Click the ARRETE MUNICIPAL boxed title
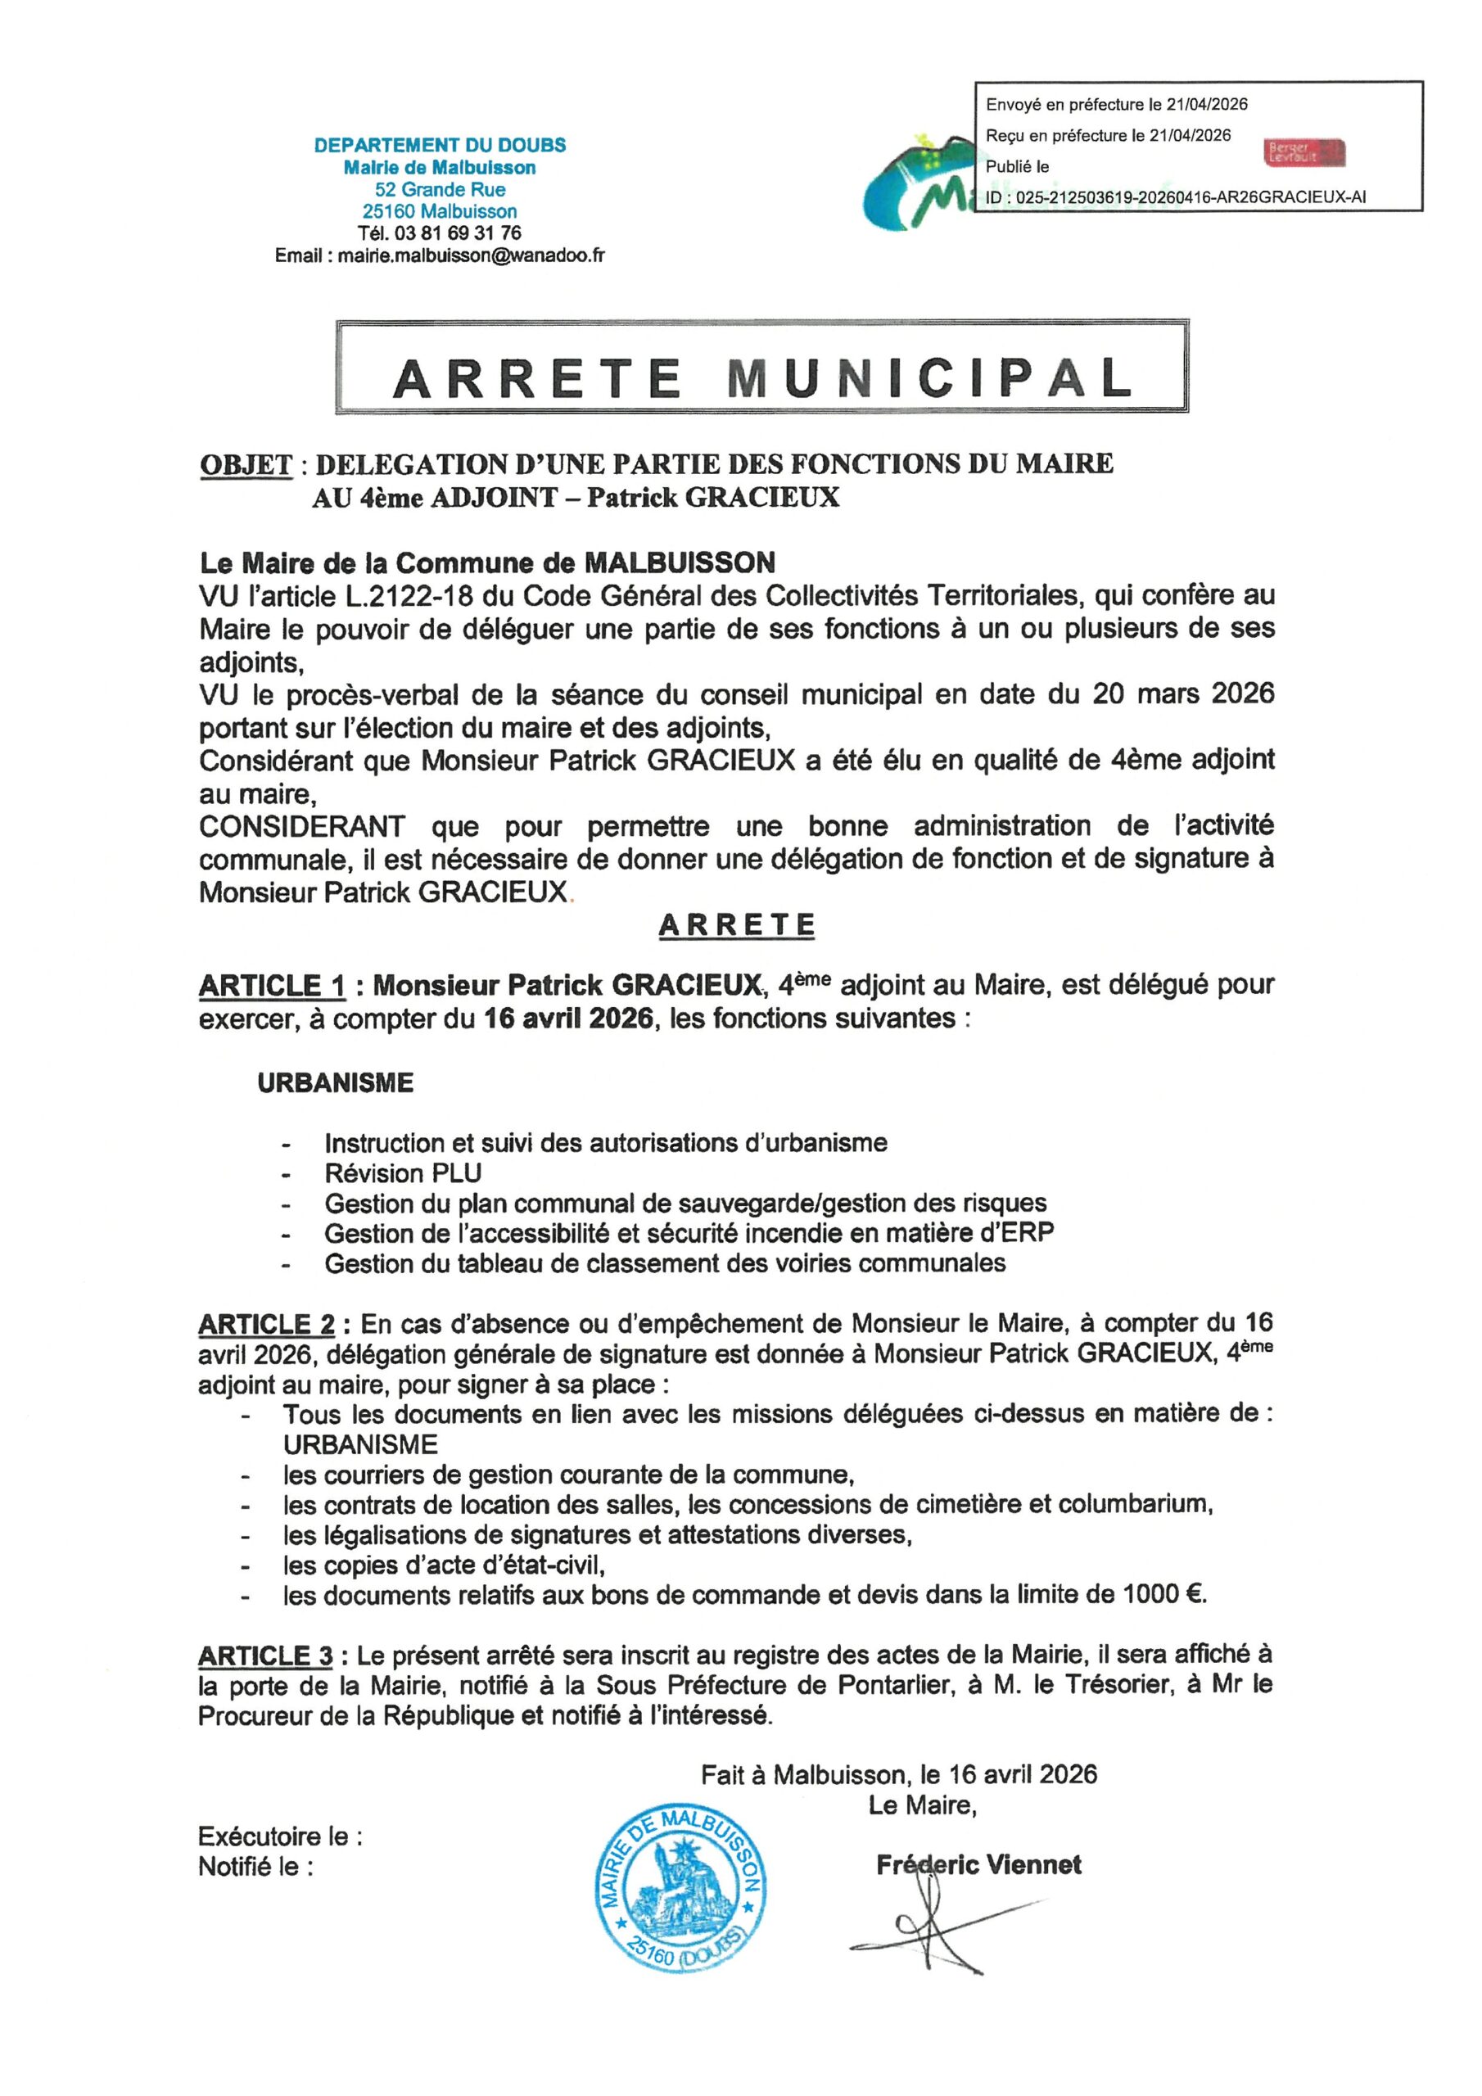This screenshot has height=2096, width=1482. pyautogui.click(x=761, y=378)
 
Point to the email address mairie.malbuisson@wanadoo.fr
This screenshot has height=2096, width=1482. pyautogui.click(x=470, y=256)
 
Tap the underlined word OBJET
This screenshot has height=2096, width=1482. pyautogui.click(x=246, y=465)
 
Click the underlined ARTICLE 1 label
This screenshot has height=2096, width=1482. pyautogui.click(x=272, y=986)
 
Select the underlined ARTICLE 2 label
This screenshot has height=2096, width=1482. pyautogui.click(x=267, y=1325)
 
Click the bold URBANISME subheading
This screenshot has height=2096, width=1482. pyautogui.click(x=335, y=1082)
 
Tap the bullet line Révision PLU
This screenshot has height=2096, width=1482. pyautogui.click(x=403, y=1173)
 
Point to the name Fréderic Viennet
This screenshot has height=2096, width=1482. pyautogui.click(x=978, y=1864)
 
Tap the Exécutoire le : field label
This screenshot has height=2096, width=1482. pyautogui.click(x=280, y=1836)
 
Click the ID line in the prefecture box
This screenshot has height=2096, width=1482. pyautogui.click(x=1175, y=197)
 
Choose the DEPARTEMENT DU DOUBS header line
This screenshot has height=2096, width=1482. pyautogui.click(x=439, y=145)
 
